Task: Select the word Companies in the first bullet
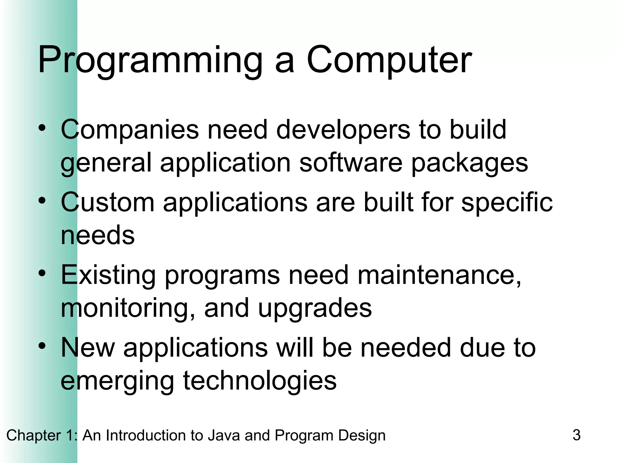click(130, 130)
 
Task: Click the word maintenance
click(439, 275)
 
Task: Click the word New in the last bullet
click(88, 348)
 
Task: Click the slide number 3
click(576, 435)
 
